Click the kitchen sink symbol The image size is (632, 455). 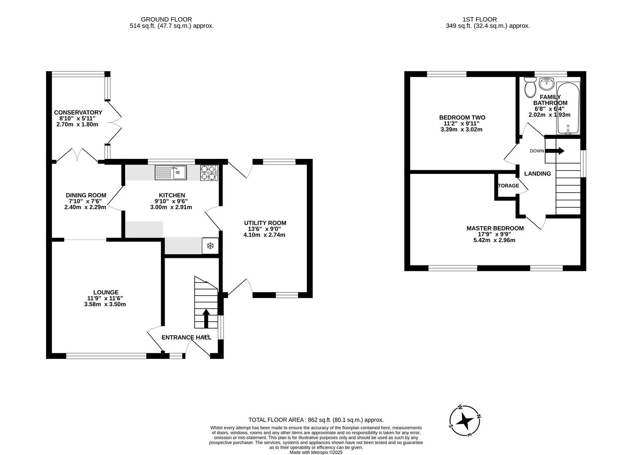171,172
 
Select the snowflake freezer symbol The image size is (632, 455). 210,246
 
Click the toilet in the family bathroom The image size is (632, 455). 530,87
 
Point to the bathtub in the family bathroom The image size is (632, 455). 568,108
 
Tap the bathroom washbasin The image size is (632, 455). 547,83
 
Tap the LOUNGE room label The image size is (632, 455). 106,292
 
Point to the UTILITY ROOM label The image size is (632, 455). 265,223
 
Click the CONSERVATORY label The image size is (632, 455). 78,112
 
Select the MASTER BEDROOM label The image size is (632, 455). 495,228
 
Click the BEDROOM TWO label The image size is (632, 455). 462,118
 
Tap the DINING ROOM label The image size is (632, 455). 86,195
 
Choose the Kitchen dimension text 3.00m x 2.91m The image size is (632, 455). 171,207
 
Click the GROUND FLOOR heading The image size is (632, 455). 166,19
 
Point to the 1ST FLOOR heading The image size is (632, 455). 479,19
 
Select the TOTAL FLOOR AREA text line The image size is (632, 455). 316,420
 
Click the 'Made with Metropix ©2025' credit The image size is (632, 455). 316,452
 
